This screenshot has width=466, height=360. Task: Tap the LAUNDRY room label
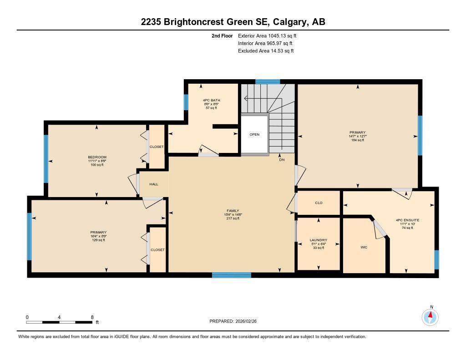[318, 240]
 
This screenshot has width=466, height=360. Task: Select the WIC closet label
[364, 247]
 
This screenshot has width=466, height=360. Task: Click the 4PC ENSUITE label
[407, 220]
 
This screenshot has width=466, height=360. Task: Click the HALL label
[154, 184]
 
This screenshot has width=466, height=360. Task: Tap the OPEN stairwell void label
[254, 134]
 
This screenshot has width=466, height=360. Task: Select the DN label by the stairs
[282, 160]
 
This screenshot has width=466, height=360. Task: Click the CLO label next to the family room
[319, 203]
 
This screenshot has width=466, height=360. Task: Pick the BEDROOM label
[97, 157]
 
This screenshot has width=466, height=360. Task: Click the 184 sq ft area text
[358, 140]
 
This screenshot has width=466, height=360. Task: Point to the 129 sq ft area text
[98, 240]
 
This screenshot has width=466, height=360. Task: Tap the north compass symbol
[430, 316]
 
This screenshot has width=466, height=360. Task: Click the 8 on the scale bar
[92, 317]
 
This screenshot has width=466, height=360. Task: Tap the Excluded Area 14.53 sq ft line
[266, 51]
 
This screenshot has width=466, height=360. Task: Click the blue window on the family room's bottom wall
[232, 275]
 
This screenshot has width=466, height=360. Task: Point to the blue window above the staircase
[267, 82]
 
